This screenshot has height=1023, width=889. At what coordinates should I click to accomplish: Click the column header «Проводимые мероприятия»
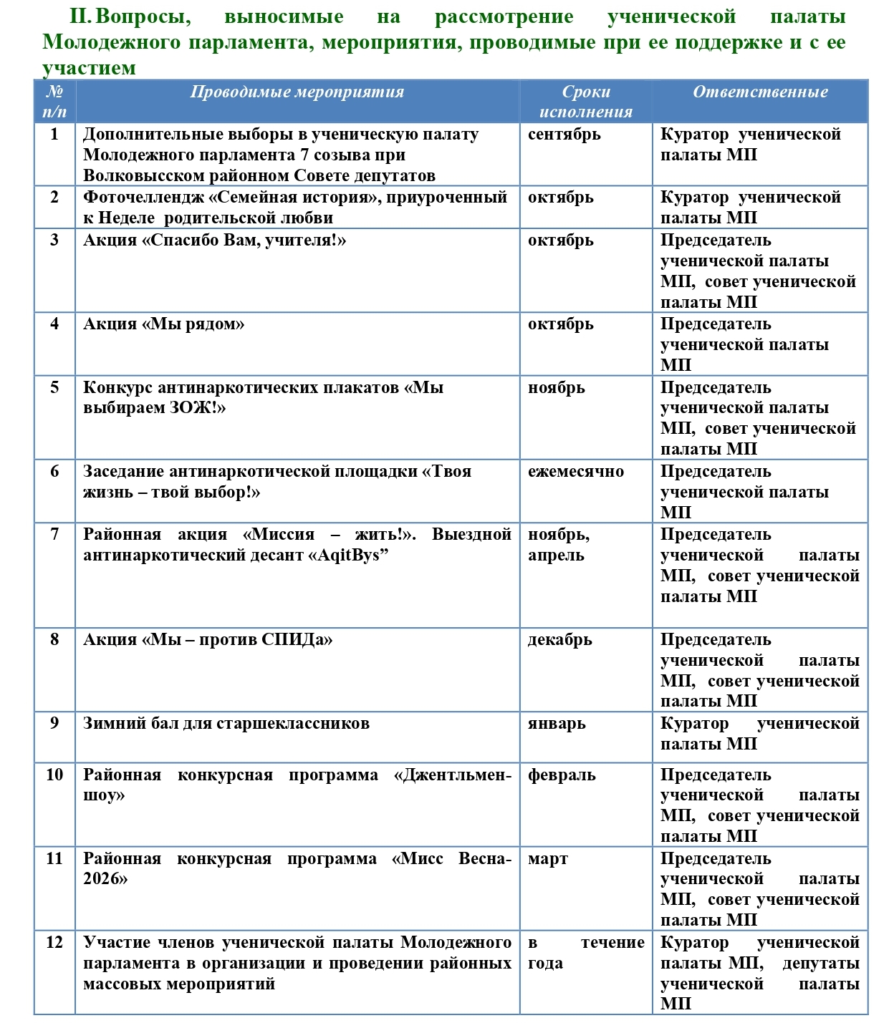pos(297,92)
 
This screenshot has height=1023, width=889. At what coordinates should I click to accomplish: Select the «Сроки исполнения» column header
pos(585,102)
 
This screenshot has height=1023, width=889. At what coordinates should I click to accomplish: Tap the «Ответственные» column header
pos(759,92)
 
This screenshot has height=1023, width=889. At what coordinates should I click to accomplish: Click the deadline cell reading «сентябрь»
pos(564,135)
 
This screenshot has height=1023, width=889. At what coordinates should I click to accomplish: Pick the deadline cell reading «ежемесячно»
pos(575,472)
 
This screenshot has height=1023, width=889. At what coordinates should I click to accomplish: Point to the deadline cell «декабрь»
pos(559,640)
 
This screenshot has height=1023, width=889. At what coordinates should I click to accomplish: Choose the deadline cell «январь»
pos(557,724)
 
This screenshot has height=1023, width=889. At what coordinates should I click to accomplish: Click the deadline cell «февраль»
pos(561,775)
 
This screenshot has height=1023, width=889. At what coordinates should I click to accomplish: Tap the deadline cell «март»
pos(547,859)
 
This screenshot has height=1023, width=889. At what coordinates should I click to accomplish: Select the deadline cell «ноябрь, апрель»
pos(559,545)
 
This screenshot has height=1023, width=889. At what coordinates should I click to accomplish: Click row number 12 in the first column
pos(54,943)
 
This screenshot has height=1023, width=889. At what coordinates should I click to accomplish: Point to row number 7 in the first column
pos(54,535)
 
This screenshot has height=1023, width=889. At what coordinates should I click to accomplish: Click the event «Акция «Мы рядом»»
pos(163,324)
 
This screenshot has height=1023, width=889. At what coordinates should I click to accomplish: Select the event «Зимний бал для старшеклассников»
pos(226,724)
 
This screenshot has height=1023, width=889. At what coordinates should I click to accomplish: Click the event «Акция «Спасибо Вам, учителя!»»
pos(214,241)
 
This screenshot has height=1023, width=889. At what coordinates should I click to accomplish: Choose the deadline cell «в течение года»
pos(585,953)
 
